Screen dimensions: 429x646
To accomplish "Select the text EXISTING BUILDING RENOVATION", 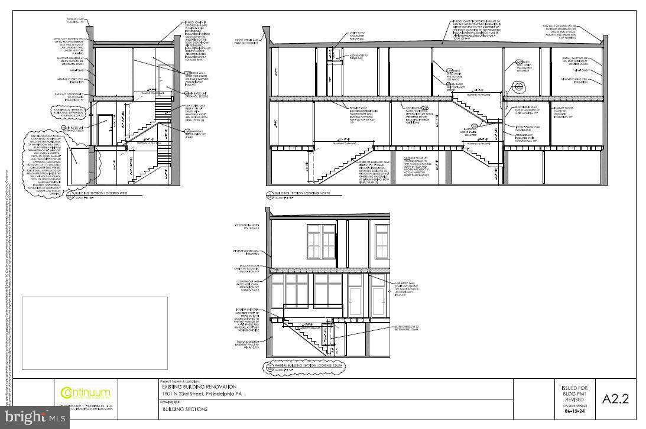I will [x=198, y=386].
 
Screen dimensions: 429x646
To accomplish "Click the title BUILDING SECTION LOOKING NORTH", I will [x=303, y=193].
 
